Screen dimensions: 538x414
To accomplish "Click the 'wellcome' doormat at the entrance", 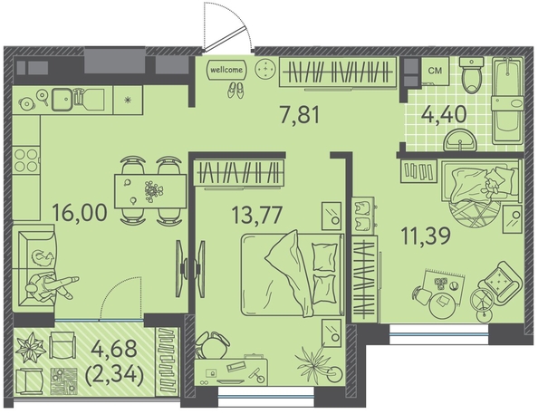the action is (x=226, y=70).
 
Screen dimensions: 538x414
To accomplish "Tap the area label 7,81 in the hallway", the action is (x=300, y=115).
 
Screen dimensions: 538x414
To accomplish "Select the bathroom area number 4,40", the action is (x=443, y=114).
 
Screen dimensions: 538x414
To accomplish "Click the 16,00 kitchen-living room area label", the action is (x=80, y=212).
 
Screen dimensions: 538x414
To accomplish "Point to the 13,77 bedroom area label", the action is (x=257, y=215).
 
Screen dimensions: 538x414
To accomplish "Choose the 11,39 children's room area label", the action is (x=426, y=236).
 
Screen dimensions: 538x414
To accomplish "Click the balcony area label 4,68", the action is (x=115, y=350).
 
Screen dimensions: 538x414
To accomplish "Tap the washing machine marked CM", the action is (x=435, y=71).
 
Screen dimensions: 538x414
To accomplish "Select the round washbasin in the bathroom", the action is (x=460, y=140).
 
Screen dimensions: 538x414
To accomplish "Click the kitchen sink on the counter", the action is (x=62, y=100).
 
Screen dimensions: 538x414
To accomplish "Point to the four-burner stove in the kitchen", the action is (x=26, y=159).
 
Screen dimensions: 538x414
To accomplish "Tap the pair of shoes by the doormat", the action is (x=235, y=90).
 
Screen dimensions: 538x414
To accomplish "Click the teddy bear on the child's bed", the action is (x=490, y=188).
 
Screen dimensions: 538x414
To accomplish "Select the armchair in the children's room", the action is (x=501, y=282).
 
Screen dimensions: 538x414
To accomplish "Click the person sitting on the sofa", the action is (x=52, y=285).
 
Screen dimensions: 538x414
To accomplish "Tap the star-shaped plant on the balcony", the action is (x=31, y=347).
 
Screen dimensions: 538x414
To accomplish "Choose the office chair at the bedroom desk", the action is (x=211, y=345).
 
